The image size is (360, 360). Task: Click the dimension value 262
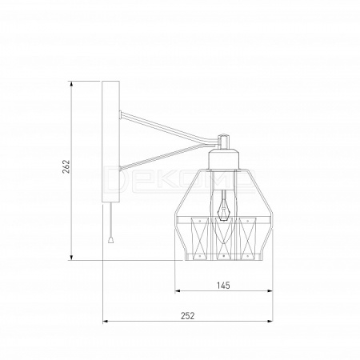pos(66,166)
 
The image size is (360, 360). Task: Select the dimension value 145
pos(223,286)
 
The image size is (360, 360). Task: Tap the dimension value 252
pos(188,316)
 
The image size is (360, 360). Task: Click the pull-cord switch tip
pos(110,240)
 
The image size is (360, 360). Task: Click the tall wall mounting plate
pos(110,142)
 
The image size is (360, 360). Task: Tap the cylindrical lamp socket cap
pos(223,159)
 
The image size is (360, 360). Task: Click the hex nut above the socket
pos(223,141)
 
